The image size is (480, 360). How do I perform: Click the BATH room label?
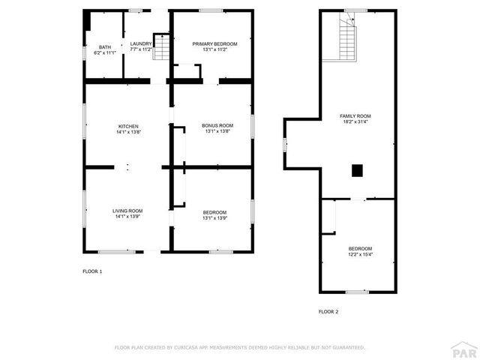105,47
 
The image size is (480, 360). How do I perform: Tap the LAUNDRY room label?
140,43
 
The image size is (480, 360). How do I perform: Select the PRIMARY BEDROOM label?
214,44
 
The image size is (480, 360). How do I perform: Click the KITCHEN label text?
128,126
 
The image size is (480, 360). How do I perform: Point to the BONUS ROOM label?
217,126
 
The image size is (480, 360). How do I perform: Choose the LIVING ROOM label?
127,211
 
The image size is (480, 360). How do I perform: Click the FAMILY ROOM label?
355,116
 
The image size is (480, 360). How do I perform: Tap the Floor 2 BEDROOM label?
360,248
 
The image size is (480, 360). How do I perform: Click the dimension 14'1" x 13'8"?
128,132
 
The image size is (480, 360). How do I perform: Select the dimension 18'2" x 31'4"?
355,122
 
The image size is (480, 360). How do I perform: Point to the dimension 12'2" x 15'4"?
360,254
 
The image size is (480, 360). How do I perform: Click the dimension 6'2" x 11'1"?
105,53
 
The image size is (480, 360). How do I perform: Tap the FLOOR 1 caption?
92,271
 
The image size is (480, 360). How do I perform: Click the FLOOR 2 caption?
328,311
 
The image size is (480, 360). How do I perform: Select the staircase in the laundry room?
161,46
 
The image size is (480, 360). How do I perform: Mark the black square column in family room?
358,170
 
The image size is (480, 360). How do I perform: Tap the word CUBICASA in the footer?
187,348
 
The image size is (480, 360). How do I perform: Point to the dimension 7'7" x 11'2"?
140,50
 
